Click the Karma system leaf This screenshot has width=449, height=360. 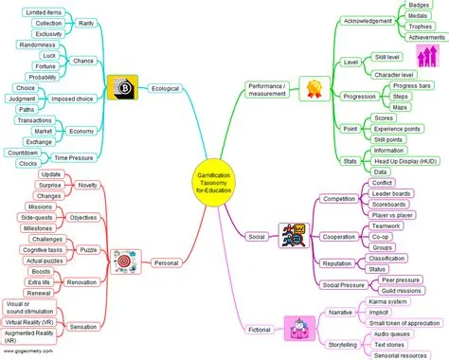pos(389,302)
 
